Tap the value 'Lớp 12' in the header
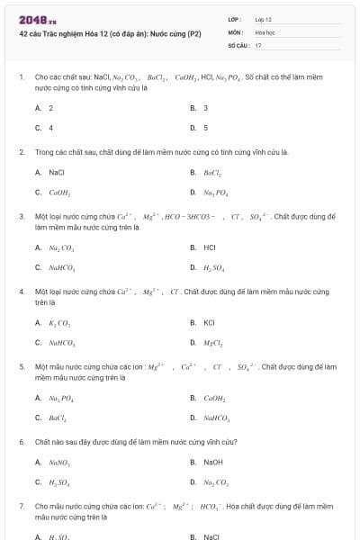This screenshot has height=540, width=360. pos(264,19)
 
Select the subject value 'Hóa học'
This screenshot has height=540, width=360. pos(265,31)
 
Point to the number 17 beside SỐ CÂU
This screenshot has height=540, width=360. pos(258,44)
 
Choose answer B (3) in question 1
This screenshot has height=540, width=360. pos(205,108)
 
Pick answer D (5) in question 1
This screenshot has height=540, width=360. pos(205,128)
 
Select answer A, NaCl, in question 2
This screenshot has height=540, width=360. pos(56,172)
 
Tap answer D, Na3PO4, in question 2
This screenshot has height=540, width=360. pos(214,193)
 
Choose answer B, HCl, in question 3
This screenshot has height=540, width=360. pos(209,247)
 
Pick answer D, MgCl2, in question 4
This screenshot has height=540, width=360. pos(214,343)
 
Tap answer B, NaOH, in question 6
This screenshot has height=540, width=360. pos(212,463)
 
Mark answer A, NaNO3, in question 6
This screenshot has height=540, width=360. pos(61,463)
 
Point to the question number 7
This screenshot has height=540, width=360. pos(22,508)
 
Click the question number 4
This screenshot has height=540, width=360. pos(22,292)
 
